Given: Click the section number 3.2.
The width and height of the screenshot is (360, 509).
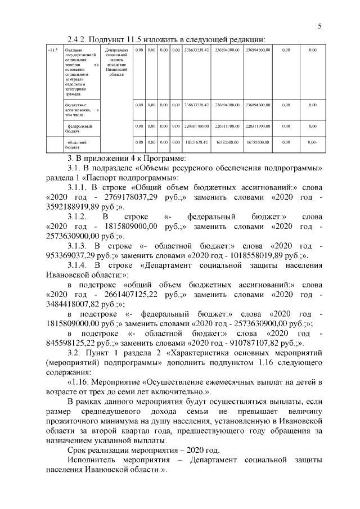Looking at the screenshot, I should tap(75, 353).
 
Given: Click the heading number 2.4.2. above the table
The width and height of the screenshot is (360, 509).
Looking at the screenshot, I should tap(79, 39).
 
